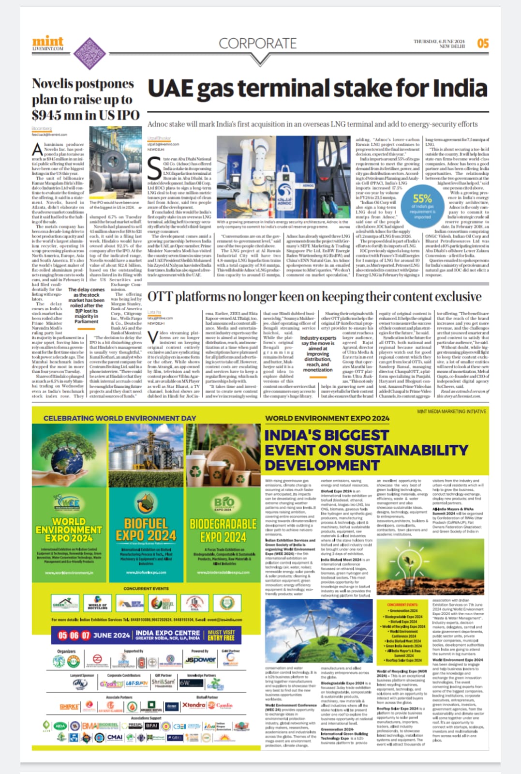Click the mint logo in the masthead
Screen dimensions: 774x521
pos(48,42)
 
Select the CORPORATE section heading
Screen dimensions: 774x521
pos(257,44)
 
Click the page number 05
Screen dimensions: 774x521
pos(483,44)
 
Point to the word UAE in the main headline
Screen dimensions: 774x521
pos(177,89)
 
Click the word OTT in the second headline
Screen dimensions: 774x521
pos(161,296)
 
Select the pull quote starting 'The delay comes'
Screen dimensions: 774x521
pos(87,305)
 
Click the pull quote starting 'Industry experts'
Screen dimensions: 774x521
pos(318,354)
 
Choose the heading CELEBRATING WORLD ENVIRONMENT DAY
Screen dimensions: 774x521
pos(119,418)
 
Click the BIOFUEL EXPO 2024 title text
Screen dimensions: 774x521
pos(146,530)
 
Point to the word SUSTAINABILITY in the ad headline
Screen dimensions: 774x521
pos(389,450)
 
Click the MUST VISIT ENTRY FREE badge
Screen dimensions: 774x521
pos(221,635)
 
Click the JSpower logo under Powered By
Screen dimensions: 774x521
pos(200,660)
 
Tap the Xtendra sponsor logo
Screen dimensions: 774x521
pos(194,705)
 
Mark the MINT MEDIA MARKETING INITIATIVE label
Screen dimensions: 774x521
pos(451,411)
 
